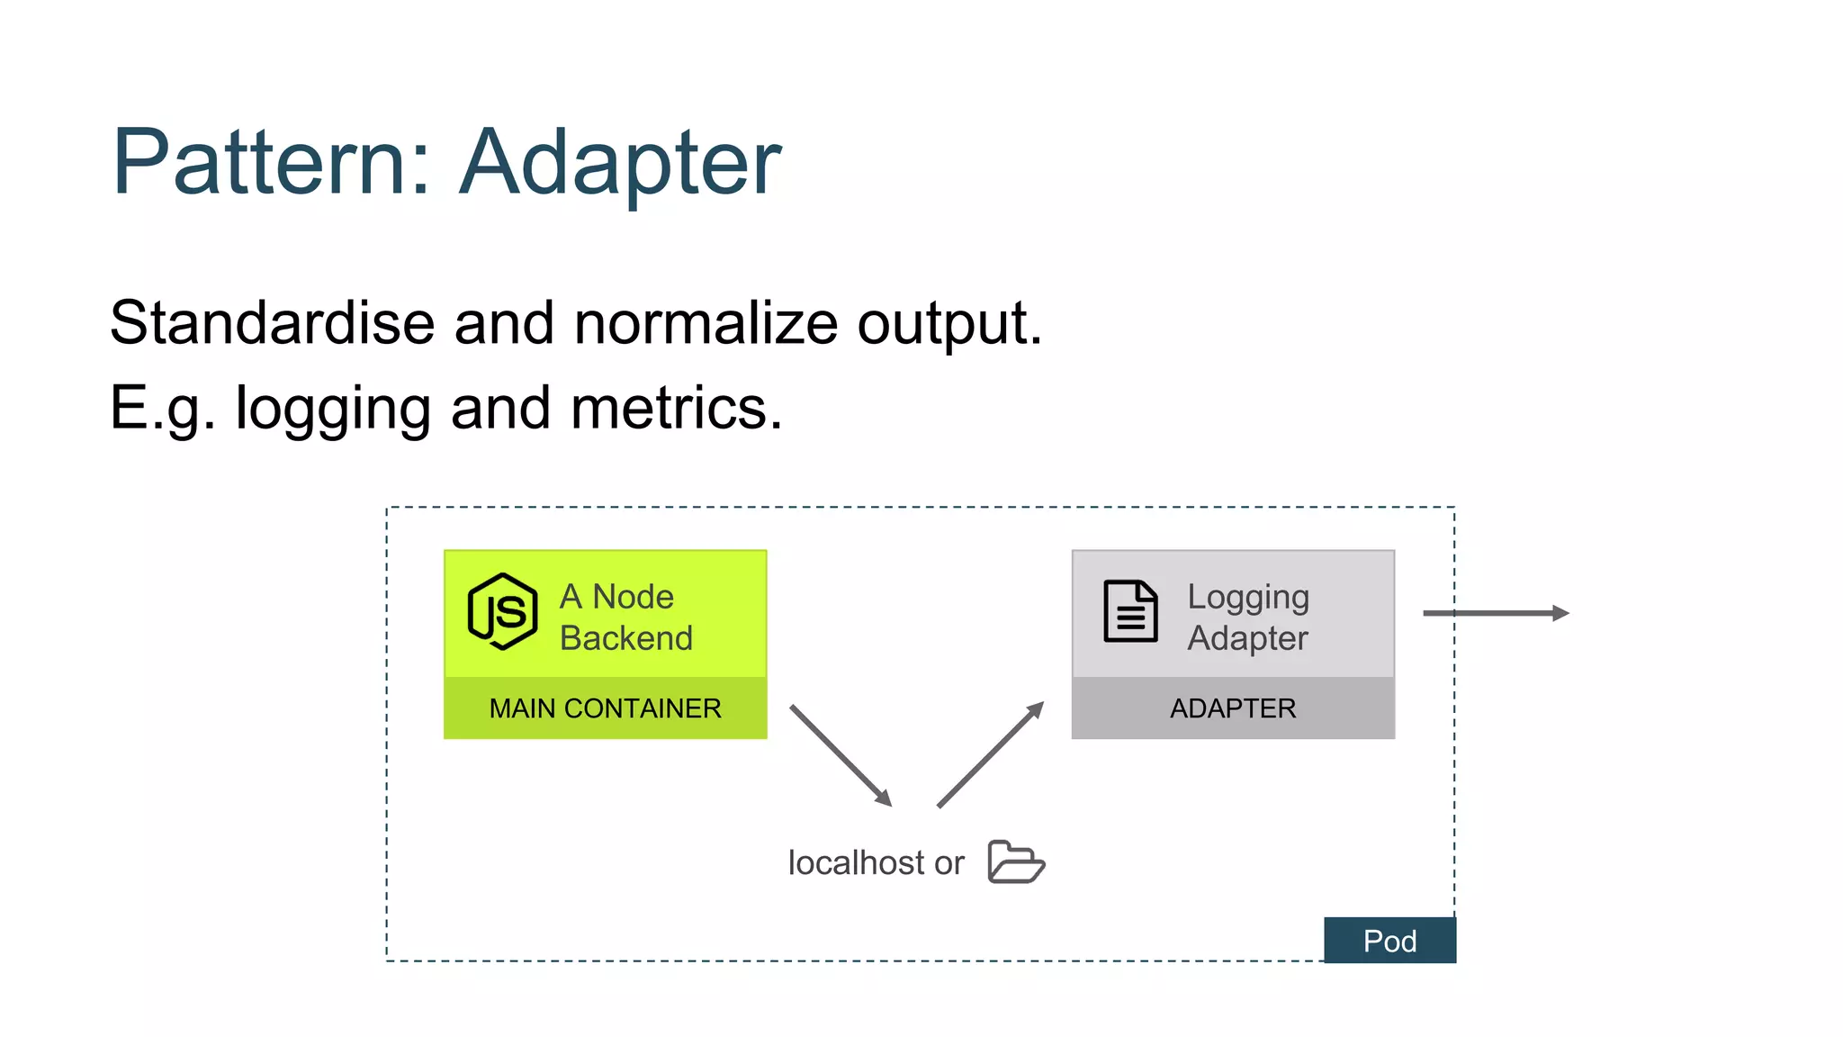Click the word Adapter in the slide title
click(x=620, y=164)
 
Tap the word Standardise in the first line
click(x=272, y=322)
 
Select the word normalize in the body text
click(x=706, y=322)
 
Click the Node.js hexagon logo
click(x=502, y=612)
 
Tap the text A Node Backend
click(x=626, y=618)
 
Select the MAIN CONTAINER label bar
click(x=605, y=708)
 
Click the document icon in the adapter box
click(x=1130, y=611)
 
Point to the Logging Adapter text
click(x=1247, y=618)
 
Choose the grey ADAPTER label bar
click(x=1233, y=708)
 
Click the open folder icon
click(x=1015, y=862)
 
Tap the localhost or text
click(x=876, y=863)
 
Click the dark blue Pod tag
click(x=1389, y=941)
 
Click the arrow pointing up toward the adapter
click(x=990, y=754)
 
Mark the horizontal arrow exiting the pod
click(x=1496, y=613)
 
